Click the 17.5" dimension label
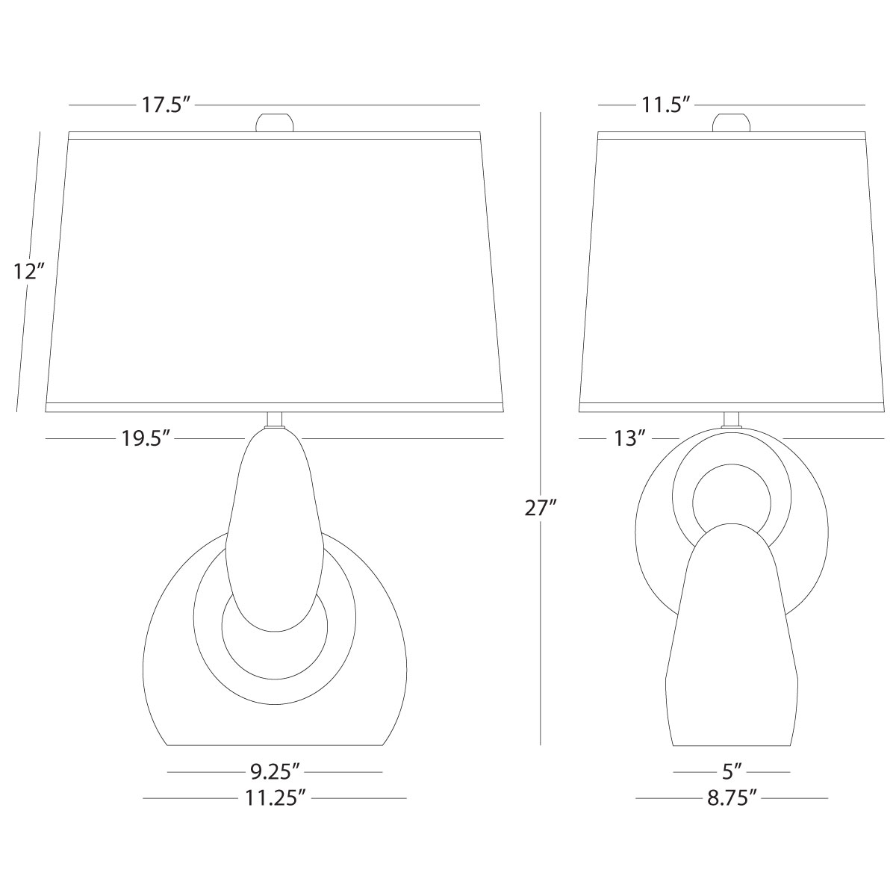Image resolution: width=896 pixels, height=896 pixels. pos(166,105)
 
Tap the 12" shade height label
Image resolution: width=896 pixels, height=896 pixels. pos(30,272)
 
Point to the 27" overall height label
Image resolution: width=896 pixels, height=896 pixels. pos(541,508)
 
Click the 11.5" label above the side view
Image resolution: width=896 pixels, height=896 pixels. pos(665,105)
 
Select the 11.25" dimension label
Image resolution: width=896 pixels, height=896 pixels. pos(276,798)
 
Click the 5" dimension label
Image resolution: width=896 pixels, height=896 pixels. pos(732,772)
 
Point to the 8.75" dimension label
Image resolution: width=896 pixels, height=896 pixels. pos(732,798)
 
